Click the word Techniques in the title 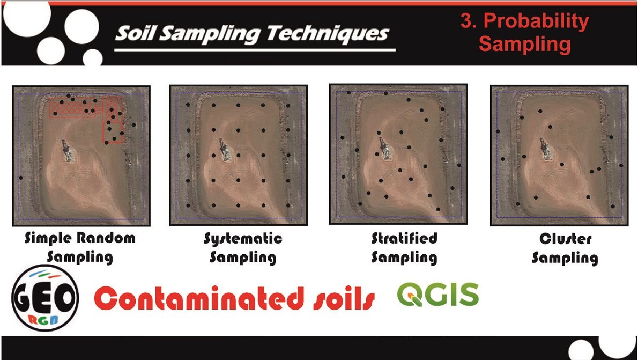click(328, 33)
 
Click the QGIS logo click(438, 295)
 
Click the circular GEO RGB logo click(44, 298)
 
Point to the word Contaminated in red click(199, 298)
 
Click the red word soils click(344, 298)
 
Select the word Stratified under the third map click(404, 238)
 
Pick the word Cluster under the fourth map click(565, 239)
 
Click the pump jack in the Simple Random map click(68, 151)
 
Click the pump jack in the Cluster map click(545, 149)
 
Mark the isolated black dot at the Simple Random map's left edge click(21, 178)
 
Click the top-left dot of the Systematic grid click(188, 105)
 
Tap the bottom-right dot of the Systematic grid click(288, 205)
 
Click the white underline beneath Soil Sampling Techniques click(255, 50)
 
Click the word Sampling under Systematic click(243, 258)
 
